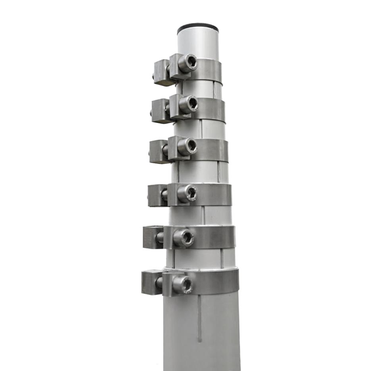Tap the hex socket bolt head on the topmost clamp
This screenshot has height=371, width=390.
188,63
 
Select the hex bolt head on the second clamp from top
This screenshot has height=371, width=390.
189,104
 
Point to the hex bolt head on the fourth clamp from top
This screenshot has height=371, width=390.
187,193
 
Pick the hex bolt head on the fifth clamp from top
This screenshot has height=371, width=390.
183,238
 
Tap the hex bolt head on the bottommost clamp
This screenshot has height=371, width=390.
183,284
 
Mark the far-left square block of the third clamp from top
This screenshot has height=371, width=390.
158,152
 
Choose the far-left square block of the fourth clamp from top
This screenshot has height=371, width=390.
156,195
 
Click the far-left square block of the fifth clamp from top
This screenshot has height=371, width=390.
152,237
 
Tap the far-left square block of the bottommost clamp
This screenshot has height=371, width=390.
151,282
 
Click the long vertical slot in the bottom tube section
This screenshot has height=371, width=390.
199,317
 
